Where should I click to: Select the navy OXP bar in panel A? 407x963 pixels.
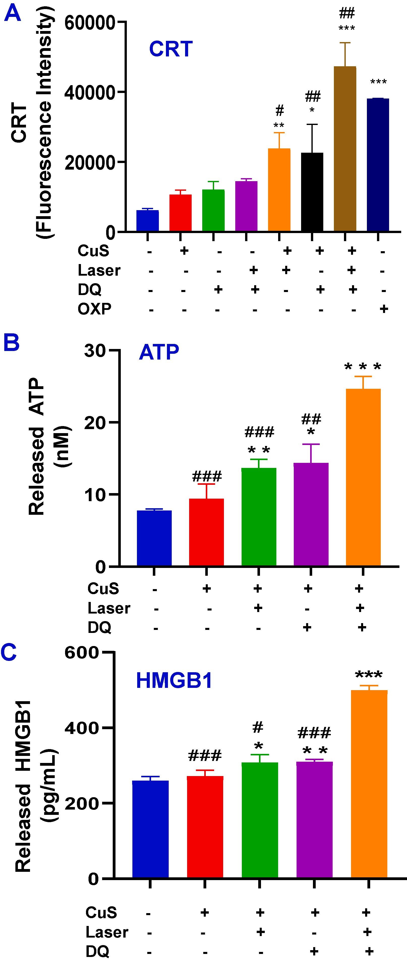(x=378, y=165)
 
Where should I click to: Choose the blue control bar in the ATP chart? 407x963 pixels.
(x=154, y=538)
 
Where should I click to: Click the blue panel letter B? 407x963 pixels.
(x=12, y=343)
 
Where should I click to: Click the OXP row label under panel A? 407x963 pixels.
(x=94, y=309)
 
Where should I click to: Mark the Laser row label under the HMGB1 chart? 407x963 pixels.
(x=107, y=932)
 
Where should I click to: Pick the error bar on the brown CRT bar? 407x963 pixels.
(x=345, y=54)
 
